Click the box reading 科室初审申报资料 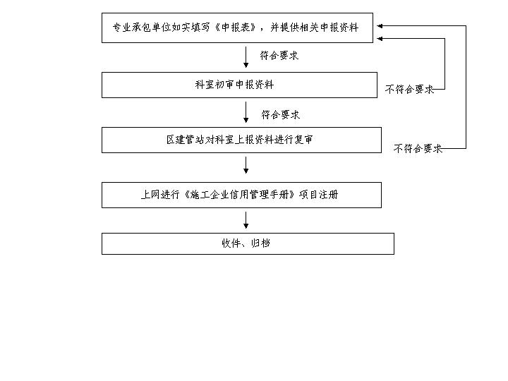pos(239,85)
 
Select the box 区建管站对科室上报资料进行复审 pos(241,140)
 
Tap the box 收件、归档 pos(248,243)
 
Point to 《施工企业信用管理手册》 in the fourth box pos(239,195)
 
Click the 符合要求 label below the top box pos(279,56)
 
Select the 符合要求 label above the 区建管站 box pos(281,114)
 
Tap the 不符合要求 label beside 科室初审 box pos(409,89)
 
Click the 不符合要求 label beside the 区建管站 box pos(418,148)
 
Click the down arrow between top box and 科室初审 pos(246,57)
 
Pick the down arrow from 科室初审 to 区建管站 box pos(246,112)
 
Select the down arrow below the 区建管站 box pos(246,165)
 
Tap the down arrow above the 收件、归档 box pos(246,220)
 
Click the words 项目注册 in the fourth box pos(319,195)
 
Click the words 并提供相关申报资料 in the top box pos(315,28)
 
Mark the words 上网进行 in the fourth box pos(160,195)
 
